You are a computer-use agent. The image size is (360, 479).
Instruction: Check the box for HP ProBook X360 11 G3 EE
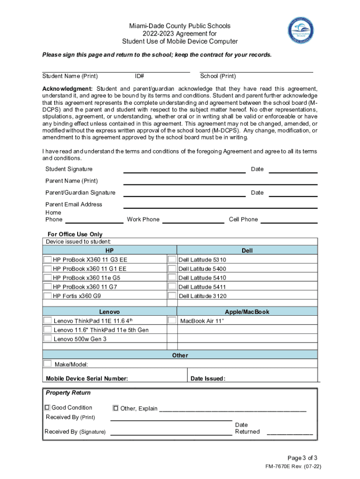coord(47,260)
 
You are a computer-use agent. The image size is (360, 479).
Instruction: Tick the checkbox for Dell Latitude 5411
coord(172,286)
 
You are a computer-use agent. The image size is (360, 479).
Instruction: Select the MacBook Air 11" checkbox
coord(172,320)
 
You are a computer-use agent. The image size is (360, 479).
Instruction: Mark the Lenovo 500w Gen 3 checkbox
coord(47,338)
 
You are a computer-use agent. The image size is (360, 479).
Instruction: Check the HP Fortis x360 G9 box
coord(47,296)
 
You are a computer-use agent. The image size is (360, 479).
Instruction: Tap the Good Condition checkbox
coord(47,407)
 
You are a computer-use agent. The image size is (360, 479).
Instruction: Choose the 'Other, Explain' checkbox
coord(115,408)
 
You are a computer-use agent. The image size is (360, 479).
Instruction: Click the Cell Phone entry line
coord(289,221)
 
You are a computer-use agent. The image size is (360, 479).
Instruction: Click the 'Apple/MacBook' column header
coord(247,312)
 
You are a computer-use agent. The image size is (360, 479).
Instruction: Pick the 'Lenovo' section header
coord(109,312)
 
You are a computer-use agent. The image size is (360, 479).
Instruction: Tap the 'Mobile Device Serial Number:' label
coord(87,378)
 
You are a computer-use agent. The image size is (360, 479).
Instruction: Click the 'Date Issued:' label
coord(208,378)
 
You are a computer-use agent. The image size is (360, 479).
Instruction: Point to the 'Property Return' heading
coord(68,392)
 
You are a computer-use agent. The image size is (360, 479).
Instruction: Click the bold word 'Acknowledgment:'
coord(68,89)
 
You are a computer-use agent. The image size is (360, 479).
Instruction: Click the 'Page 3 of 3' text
coord(303,457)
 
